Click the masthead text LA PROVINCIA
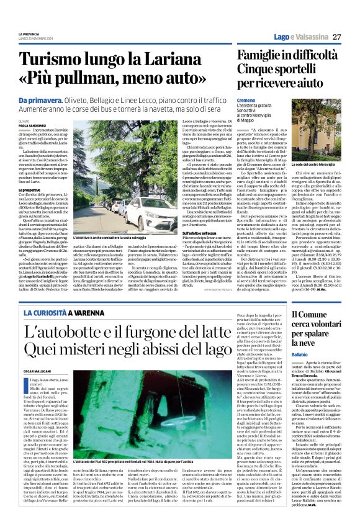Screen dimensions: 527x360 click(x=30, y=34)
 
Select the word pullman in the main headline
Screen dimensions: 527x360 click(x=97, y=79)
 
